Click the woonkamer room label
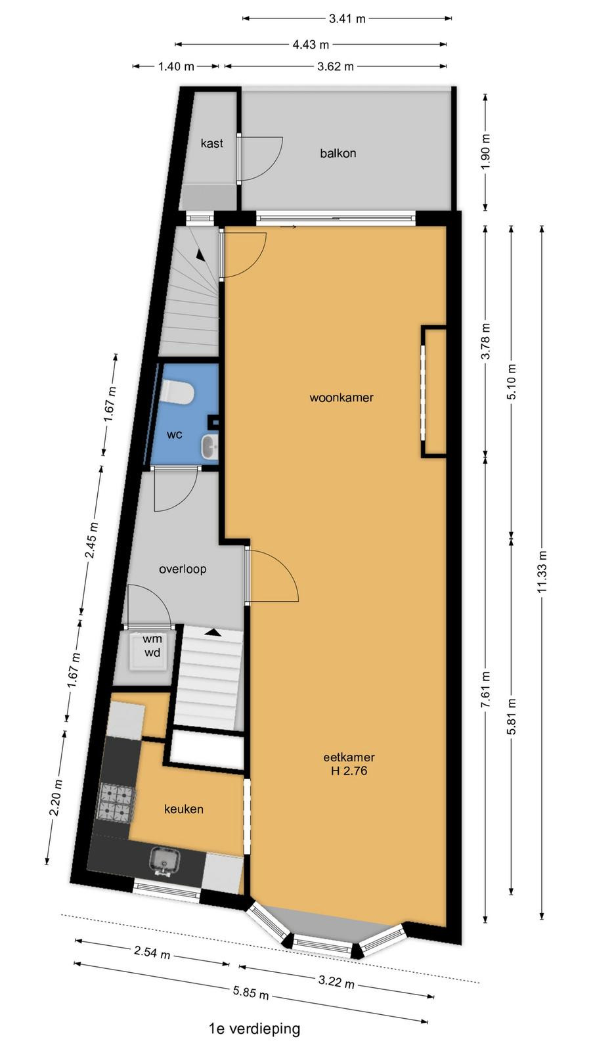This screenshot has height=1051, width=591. point(341,398)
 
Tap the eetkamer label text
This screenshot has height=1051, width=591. point(349,757)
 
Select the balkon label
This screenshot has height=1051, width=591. point(338,153)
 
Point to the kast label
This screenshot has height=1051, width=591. point(211,143)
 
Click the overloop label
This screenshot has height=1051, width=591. point(183,569)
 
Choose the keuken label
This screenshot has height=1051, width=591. point(183,809)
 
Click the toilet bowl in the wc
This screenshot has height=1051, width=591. point(175,392)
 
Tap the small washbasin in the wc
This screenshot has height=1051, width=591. point(209,446)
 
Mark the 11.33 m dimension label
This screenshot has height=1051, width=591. point(542,571)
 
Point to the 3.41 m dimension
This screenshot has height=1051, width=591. point(347,19)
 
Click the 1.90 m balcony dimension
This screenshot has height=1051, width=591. point(486,152)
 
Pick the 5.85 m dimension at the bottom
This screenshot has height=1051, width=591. point(251,992)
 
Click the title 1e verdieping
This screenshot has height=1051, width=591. point(254,1029)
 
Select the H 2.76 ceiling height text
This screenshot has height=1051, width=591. point(349,771)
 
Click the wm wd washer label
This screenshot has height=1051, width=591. point(152,646)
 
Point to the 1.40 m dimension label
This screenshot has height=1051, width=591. point(176,66)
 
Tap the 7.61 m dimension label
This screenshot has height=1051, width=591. point(486,689)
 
